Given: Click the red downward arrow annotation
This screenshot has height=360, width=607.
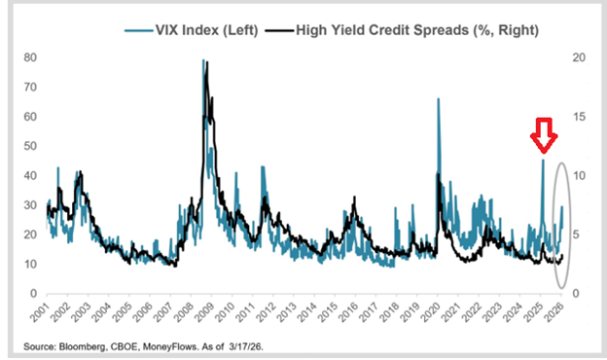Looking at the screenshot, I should pos(543,137).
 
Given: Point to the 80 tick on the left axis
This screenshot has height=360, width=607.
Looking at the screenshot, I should pos(31,58).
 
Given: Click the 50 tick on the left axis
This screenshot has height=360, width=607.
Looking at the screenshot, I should pos(31,146).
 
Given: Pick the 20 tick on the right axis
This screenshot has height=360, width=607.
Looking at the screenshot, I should pos(581,58).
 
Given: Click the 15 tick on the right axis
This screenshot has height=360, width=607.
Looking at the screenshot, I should pos(581,117).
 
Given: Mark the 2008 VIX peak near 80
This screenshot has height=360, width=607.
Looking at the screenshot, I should pos(203,61).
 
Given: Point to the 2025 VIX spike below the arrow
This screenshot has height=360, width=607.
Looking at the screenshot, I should pos(543,162).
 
